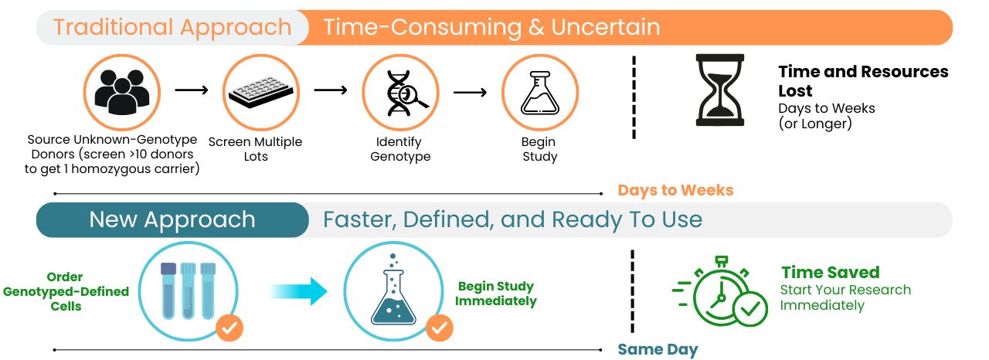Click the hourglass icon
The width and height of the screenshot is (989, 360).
[x=719, y=90]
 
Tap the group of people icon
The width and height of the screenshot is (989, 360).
[x=122, y=92]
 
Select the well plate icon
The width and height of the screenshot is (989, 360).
[x=261, y=92]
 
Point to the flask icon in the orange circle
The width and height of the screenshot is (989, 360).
[x=539, y=93]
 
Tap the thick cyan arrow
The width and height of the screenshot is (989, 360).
[x=298, y=291]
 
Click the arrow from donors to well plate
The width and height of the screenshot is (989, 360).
[x=191, y=90]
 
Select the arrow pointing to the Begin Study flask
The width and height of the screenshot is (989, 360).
[x=471, y=92]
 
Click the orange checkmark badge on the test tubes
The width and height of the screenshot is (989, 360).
[x=229, y=328]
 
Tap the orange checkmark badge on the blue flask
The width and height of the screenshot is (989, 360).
[x=440, y=328]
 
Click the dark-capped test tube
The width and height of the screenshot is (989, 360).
[x=168, y=290]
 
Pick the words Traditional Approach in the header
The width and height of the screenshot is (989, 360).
[x=172, y=27]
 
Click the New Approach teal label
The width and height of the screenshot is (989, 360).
[x=172, y=219]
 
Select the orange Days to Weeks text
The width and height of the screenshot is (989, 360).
[x=675, y=190]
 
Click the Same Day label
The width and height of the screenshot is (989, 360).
[x=658, y=349]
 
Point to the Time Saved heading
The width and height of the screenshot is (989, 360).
[x=831, y=272]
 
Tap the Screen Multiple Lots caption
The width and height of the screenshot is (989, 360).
[x=255, y=149]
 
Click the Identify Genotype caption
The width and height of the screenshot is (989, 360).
[x=400, y=149]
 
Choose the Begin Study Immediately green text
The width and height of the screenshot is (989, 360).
[x=496, y=294]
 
